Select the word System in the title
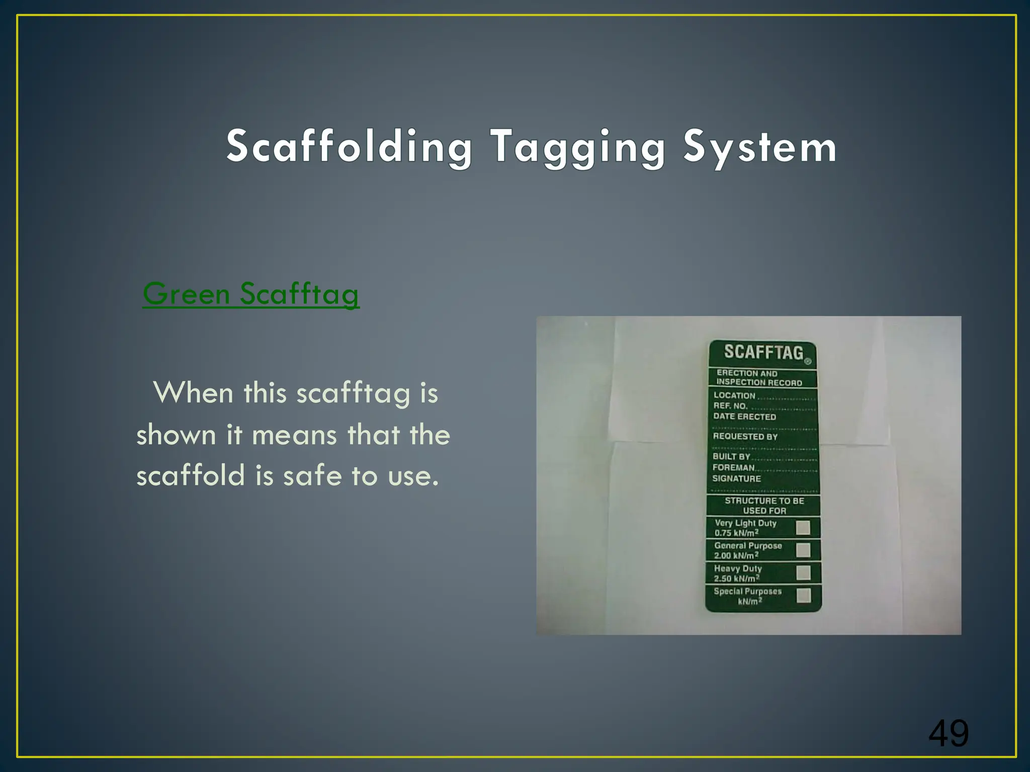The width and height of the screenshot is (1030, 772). [x=760, y=147]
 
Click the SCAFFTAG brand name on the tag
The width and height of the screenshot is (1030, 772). [x=763, y=352]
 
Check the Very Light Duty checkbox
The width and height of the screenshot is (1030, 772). [x=803, y=528]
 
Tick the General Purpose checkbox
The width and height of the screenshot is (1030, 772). [x=803, y=550]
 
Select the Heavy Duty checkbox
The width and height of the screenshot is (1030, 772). [x=804, y=573]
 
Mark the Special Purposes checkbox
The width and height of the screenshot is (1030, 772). [x=804, y=596]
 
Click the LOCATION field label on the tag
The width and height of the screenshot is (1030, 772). [x=734, y=396]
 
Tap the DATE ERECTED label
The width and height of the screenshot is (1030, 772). [x=744, y=417]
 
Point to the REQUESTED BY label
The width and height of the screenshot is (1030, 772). [x=745, y=436]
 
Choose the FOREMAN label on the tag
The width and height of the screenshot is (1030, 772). [x=733, y=467]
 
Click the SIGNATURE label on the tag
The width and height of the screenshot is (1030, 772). [x=736, y=478]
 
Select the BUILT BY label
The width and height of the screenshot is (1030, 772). [x=731, y=456]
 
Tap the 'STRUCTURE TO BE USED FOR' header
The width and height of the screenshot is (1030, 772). [x=764, y=506]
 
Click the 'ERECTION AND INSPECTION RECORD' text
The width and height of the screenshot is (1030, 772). [x=759, y=378]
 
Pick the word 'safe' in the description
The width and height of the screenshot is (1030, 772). [x=312, y=475]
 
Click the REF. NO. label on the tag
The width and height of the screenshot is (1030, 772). [x=730, y=406]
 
